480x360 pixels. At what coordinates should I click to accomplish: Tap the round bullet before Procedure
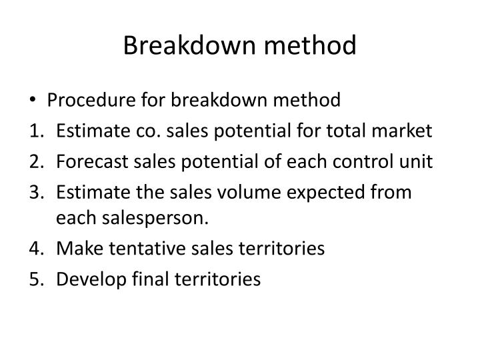34,101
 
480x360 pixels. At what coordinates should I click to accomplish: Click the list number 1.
35,131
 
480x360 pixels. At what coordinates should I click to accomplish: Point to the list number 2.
35,162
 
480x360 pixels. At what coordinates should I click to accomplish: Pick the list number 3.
35,193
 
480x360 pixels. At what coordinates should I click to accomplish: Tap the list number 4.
35,249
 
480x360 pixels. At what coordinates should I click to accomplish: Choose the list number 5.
35,279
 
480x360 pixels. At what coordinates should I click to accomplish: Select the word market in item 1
408,131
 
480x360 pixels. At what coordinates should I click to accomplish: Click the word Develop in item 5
85,279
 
